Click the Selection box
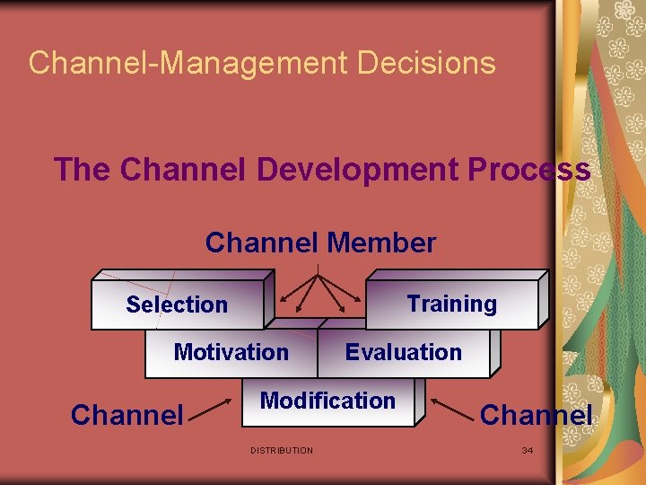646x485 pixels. point(177,305)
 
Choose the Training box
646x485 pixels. point(451,304)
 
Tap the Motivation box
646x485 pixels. point(231,352)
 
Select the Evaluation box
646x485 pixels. point(403,352)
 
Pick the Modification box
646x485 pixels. point(327,401)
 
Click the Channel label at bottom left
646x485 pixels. point(127,414)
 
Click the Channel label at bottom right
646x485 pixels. point(537,414)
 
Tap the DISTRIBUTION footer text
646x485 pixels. point(282,450)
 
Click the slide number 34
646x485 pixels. point(528,450)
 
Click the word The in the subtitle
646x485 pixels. point(82,169)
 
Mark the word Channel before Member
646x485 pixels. point(262,242)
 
